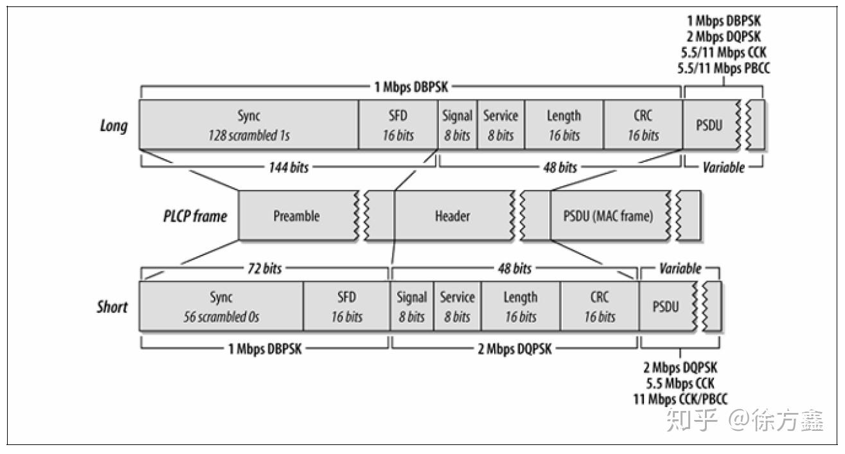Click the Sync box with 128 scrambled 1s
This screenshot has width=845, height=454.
coord(249,125)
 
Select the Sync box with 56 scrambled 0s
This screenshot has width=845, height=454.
coord(221,306)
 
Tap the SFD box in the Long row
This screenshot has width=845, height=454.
coord(398,125)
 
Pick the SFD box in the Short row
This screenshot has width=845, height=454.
coord(346,306)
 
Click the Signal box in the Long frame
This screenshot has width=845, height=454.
coord(457,125)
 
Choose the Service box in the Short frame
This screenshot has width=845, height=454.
coord(457,306)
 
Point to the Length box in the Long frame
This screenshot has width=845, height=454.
coord(564,125)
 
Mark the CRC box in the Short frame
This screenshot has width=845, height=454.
coord(600,306)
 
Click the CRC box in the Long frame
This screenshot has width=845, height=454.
coord(643,125)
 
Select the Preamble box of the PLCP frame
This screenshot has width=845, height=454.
coord(296,216)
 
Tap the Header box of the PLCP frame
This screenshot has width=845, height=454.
coord(452,216)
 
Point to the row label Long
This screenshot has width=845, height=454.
coord(113,125)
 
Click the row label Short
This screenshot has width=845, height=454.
coord(112,307)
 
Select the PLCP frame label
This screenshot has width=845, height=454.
coord(195,216)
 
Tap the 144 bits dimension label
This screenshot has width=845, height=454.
coord(288,168)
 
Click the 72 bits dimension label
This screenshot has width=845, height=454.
coord(263,268)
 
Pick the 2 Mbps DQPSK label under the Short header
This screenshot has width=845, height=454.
coord(515,349)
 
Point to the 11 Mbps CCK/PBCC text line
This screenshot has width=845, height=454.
coord(680,398)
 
